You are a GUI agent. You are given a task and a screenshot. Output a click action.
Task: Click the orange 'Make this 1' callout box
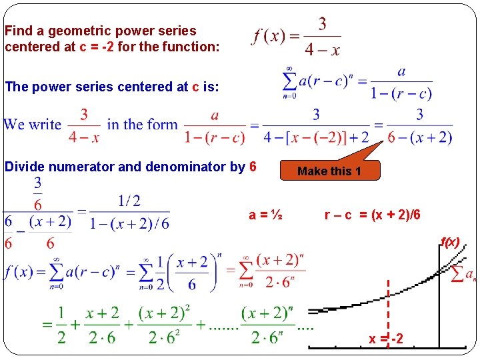coord(329,171)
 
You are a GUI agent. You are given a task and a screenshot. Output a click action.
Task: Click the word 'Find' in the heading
coord(17,31)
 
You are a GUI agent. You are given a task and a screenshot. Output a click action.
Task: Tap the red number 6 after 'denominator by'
coord(253,166)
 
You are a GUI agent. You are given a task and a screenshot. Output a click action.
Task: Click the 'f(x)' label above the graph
coord(450,243)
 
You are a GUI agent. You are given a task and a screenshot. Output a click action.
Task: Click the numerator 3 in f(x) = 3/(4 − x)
coord(322,24)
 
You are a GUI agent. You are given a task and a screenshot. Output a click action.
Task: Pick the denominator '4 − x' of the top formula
coord(322,49)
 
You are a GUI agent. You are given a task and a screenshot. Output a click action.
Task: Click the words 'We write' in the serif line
coord(32,125)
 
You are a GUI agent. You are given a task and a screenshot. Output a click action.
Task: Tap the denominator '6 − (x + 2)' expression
coord(419,137)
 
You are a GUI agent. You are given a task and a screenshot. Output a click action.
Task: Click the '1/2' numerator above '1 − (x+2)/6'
coord(129,201)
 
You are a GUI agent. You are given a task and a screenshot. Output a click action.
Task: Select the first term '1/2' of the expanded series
coord(61,325)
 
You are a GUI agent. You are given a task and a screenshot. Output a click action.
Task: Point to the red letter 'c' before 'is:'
coord(195,87)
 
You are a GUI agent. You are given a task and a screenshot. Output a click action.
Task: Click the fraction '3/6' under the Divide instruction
coord(38,193)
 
